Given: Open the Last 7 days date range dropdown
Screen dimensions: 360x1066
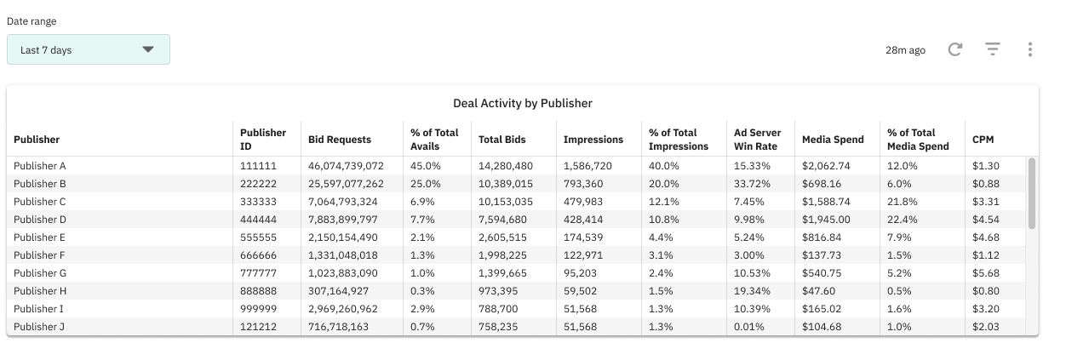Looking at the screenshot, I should point(89,49).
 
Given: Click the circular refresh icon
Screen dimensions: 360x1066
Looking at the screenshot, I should point(955,50).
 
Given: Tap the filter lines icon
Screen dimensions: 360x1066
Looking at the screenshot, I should point(993,50).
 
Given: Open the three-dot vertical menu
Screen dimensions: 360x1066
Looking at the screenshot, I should point(1030,50).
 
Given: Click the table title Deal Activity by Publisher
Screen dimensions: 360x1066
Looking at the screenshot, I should point(522,103).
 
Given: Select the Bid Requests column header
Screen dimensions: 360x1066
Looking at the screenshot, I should point(340,140).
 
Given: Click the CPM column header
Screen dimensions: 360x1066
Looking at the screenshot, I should point(983,140).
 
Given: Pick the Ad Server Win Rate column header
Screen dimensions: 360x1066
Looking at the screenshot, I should point(757,140).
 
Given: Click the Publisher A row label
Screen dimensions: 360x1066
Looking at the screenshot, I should point(40,166).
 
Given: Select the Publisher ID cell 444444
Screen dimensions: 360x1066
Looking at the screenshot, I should point(258,220).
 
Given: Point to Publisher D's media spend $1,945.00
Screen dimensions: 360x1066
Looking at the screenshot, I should point(826,220).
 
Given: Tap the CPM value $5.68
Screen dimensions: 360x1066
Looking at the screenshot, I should point(986,273).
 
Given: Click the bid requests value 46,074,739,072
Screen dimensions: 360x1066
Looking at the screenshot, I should point(346,166).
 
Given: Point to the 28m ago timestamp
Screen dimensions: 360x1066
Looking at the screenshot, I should point(905,50).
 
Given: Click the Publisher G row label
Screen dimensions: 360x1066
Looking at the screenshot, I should point(40,273).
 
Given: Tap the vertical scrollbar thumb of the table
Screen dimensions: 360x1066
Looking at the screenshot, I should point(1032,193).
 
